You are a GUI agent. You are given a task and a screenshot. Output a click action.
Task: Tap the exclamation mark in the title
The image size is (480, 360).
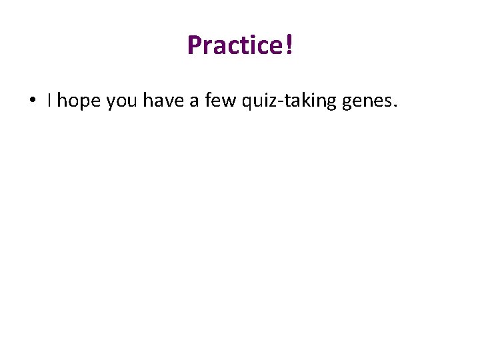coord(289,45)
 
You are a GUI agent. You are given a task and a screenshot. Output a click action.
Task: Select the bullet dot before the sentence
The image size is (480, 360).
coord(32,101)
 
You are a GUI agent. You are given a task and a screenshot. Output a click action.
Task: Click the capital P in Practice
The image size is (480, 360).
coord(194,45)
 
